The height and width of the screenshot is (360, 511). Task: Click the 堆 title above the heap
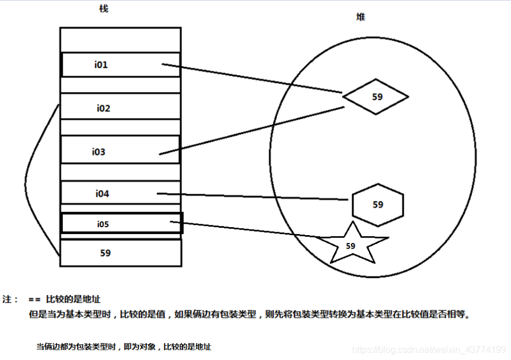(360, 17)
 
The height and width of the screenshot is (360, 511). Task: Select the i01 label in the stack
(101, 65)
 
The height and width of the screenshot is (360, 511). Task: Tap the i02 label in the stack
(103, 109)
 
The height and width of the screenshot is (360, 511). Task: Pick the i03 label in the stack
(99, 152)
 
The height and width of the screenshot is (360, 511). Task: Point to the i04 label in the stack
(102, 194)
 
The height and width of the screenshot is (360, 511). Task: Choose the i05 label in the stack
(102, 224)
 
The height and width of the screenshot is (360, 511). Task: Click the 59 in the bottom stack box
(105, 253)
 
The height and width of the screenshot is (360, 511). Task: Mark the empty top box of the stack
(120, 39)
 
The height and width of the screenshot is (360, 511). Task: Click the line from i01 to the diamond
(254, 79)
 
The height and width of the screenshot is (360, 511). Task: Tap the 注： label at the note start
(11, 299)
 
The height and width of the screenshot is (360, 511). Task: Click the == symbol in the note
(34, 299)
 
